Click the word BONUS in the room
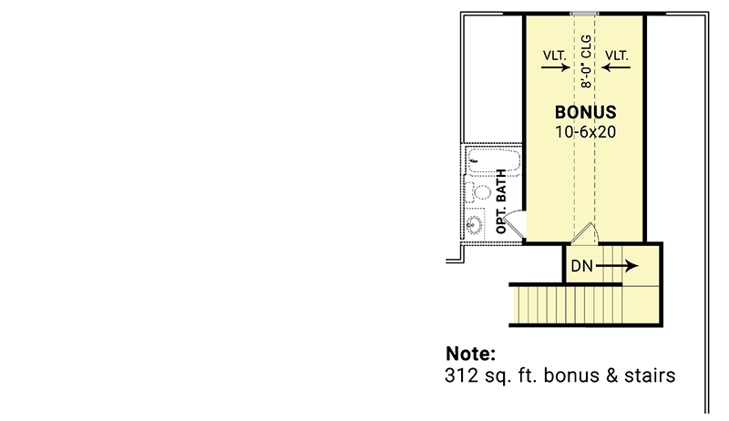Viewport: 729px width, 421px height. pyautogui.click(x=586, y=113)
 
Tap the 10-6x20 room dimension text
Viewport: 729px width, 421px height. pyautogui.click(x=586, y=132)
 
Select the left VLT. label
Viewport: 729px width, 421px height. pyautogui.click(x=555, y=55)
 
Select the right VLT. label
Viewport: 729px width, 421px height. pyautogui.click(x=617, y=55)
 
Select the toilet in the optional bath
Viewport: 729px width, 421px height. pyautogui.click(x=477, y=192)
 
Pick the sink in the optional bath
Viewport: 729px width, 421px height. pyautogui.click(x=475, y=224)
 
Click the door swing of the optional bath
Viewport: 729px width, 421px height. pyautogui.click(x=515, y=224)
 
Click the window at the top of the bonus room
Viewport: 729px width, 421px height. pyautogui.click(x=584, y=13)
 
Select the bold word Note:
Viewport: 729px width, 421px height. pyautogui.click(x=471, y=354)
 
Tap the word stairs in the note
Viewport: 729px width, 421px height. pyautogui.click(x=648, y=375)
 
